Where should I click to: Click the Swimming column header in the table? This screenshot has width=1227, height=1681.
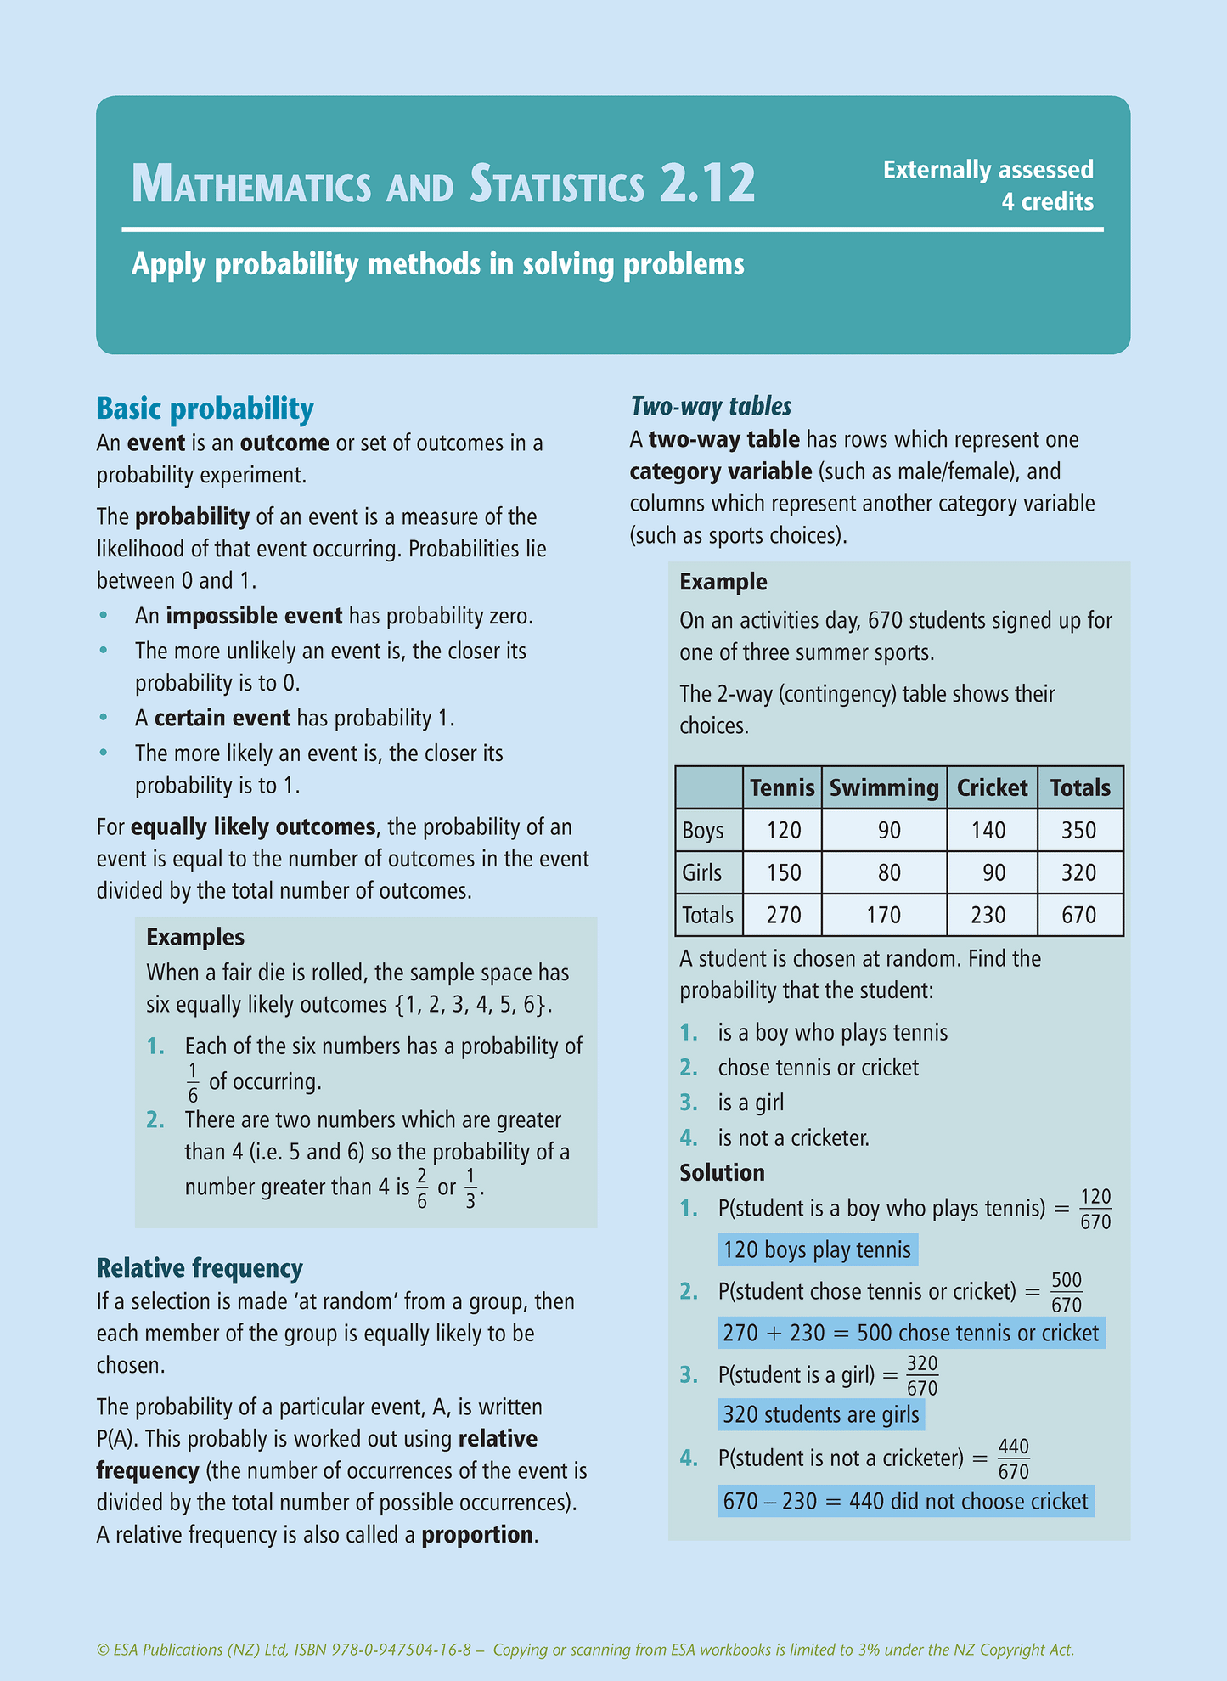(x=883, y=787)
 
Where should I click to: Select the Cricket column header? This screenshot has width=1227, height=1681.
(x=992, y=787)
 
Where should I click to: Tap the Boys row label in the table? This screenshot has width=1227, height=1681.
(x=703, y=830)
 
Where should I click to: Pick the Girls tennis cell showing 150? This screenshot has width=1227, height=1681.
(x=784, y=872)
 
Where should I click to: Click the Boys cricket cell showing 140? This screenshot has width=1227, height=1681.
(x=988, y=830)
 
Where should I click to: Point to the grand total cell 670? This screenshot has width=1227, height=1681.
(x=1078, y=915)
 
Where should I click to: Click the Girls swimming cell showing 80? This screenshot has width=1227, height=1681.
(x=888, y=872)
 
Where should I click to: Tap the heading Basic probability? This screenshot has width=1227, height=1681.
(x=205, y=409)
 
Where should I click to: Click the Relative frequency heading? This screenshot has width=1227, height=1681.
(x=200, y=1268)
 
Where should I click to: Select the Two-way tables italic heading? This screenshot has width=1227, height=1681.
(x=711, y=406)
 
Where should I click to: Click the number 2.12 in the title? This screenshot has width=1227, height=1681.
(x=706, y=183)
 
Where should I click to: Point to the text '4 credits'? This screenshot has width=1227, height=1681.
(x=1047, y=202)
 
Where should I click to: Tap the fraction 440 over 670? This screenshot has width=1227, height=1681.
(x=1013, y=1458)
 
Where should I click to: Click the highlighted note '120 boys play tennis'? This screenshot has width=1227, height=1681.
(x=817, y=1249)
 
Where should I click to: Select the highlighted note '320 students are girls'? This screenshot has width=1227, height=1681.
(x=820, y=1414)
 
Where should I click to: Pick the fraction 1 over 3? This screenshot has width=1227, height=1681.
(x=470, y=1187)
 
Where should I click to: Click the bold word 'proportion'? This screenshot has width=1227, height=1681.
(x=477, y=1534)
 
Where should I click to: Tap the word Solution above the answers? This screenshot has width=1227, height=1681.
(x=722, y=1172)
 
